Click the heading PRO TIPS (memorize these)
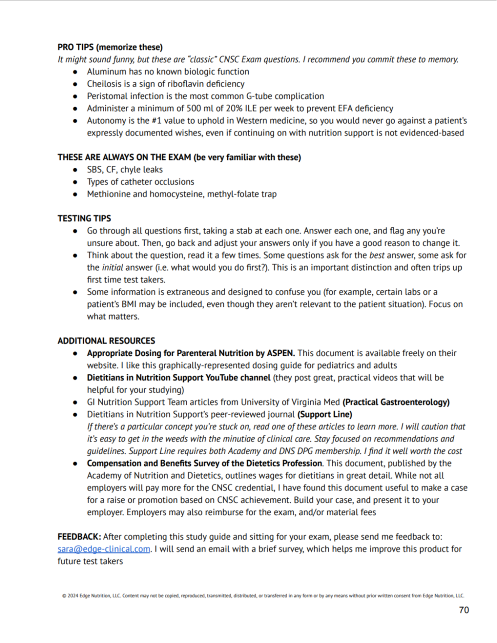[110, 47]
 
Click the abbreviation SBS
[94, 170]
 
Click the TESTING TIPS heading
[84, 218]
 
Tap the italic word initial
[112, 267]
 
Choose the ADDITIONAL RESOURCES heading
[106, 341]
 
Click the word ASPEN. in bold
[281, 353]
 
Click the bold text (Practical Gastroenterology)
[396, 402]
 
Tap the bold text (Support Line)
[325, 414]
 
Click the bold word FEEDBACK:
[79, 537]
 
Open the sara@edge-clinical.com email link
[104, 549]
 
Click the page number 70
[464, 610]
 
